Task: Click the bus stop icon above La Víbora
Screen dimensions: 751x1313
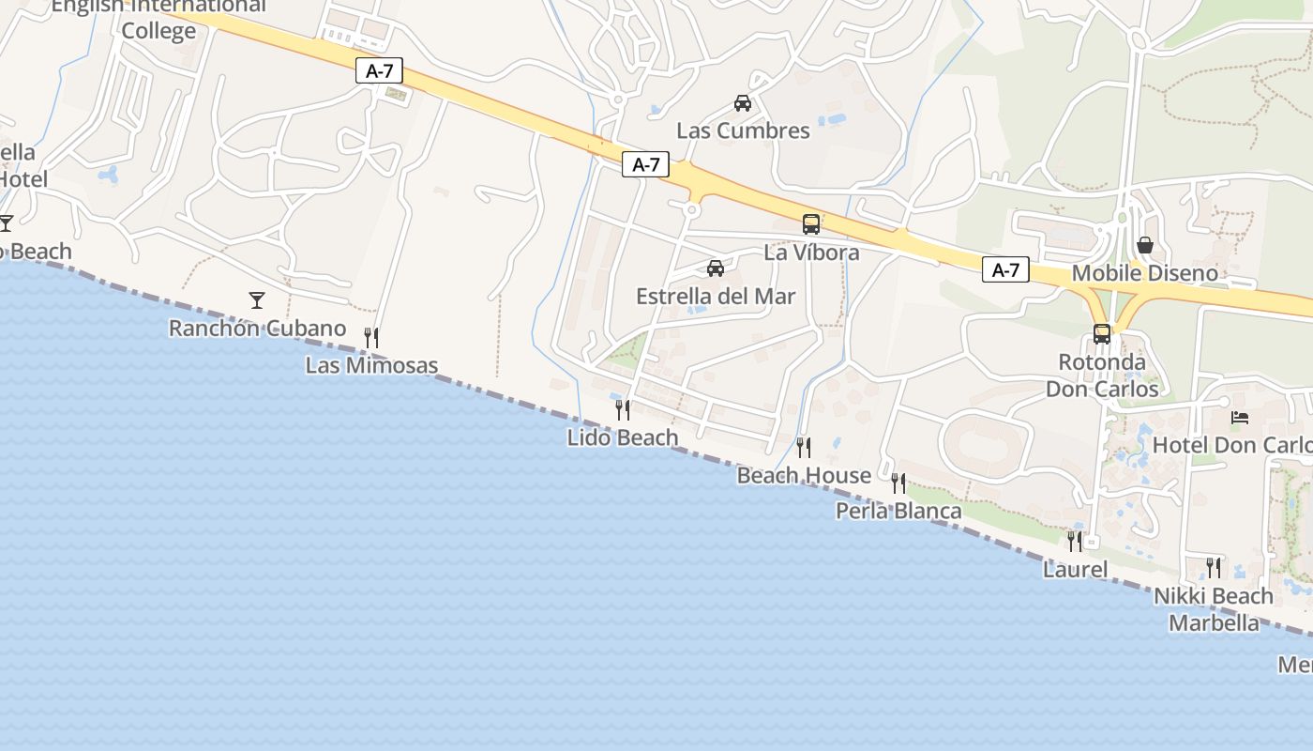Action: click(811, 224)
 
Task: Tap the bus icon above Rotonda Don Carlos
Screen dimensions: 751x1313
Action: click(1102, 333)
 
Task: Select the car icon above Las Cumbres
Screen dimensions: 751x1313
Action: click(743, 103)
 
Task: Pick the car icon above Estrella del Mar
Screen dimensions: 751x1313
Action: click(716, 268)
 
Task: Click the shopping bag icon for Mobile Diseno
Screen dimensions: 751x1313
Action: click(1145, 245)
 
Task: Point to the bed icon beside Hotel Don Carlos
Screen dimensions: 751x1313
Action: click(1240, 417)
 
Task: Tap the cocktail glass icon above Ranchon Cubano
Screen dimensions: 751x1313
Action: click(257, 300)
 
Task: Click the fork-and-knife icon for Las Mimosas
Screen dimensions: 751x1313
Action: click(371, 338)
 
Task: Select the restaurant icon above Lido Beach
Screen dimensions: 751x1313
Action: click(622, 409)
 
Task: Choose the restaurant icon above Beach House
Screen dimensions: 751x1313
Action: click(804, 448)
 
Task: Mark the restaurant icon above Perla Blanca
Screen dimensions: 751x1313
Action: click(898, 483)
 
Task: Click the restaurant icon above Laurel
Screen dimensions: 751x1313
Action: click(1075, 542)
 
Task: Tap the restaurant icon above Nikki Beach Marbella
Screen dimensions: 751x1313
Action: click(1214, 568)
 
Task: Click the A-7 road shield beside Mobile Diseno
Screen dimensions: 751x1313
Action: click(1005, 270)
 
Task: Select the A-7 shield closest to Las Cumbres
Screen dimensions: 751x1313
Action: click(645, 164)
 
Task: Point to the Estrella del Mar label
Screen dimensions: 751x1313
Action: click(716, 297)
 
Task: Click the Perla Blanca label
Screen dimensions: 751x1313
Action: click(898, 512)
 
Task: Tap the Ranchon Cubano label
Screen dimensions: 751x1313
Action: click(257, 329)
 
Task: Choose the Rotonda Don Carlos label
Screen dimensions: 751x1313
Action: click(1102, 375)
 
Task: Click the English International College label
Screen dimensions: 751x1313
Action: click(158, 18)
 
